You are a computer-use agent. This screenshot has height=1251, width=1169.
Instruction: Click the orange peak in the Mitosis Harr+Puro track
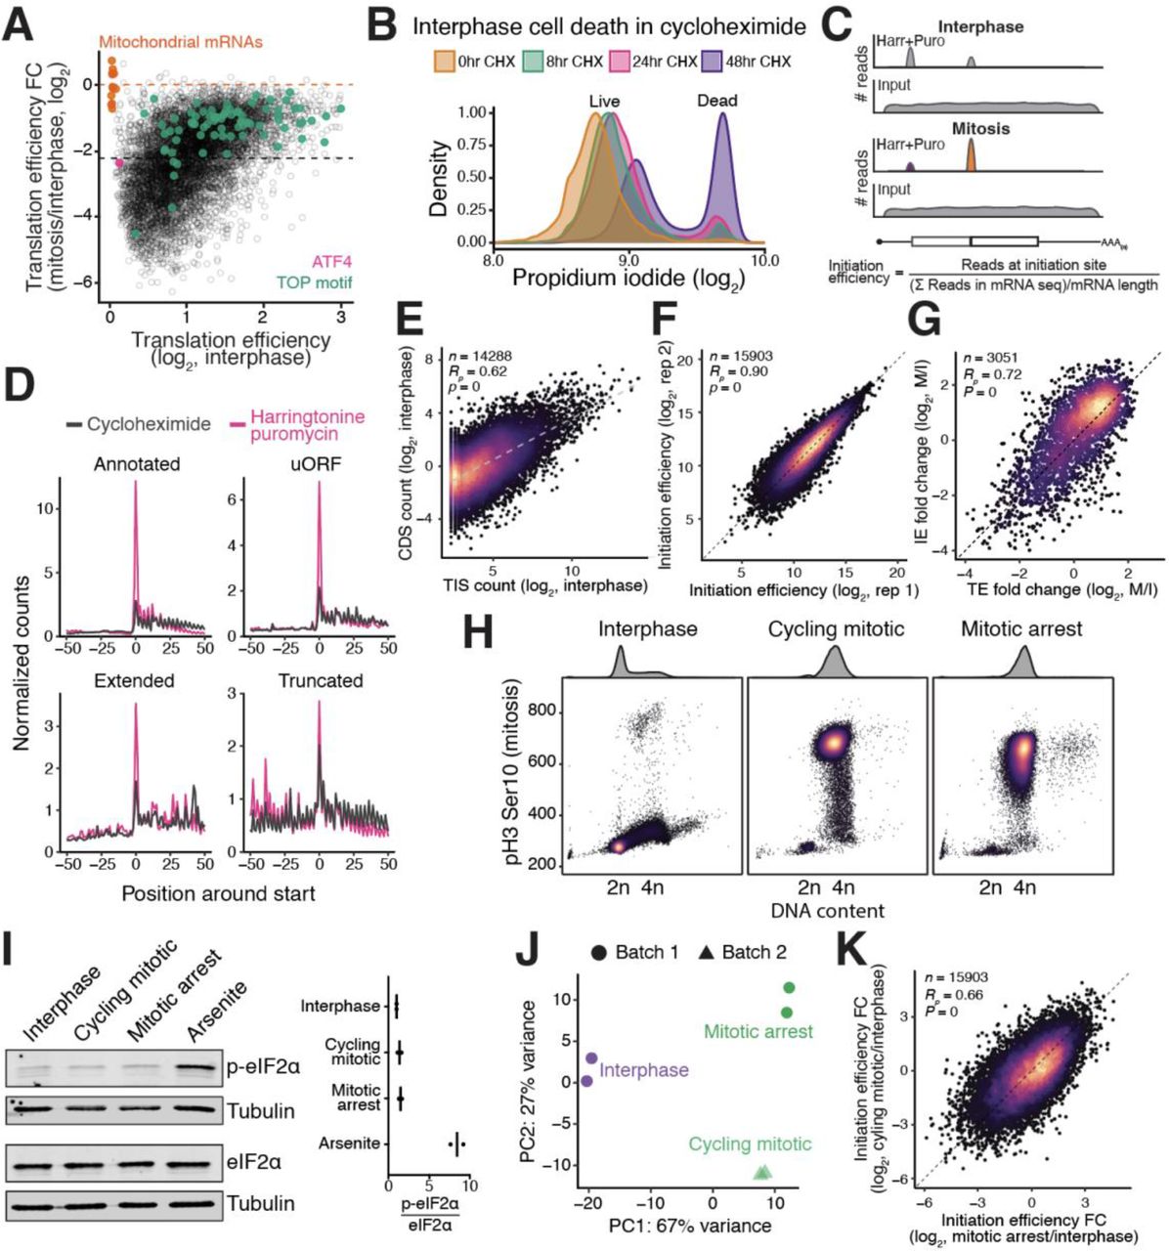click(971, 156)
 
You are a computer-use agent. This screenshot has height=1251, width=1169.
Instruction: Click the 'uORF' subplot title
click(320, 464)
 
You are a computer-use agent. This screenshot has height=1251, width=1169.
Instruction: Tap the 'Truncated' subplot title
click(320, 680)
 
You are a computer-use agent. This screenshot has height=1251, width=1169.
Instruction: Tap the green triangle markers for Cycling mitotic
click(762, 1172)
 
